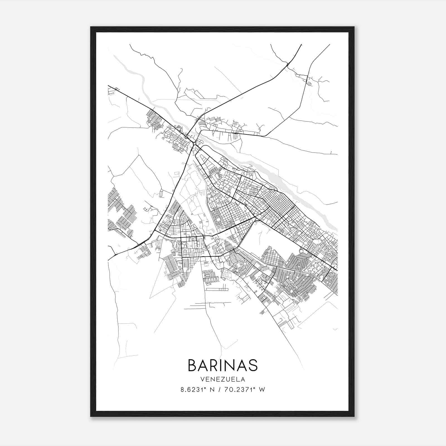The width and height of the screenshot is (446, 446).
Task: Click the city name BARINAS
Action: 223,365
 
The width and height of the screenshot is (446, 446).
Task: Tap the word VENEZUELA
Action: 223,379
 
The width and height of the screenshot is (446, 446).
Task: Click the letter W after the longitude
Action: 262,390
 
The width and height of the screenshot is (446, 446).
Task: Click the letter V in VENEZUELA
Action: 202,379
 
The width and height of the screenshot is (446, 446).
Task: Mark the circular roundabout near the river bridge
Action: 194,144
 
